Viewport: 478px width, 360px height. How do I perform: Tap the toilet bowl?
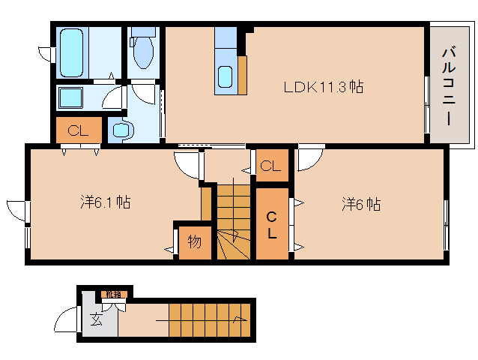142,52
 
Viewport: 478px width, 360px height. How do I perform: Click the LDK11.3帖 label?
323,87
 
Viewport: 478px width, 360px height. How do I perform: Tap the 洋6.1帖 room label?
106,202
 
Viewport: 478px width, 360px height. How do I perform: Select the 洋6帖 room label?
362,203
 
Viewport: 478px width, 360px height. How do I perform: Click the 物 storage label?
194,242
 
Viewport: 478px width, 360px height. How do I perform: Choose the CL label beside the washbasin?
79,130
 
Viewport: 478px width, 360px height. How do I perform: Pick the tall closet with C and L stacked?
273,224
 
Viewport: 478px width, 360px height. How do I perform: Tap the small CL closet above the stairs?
271,166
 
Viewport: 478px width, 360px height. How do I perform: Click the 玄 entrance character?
97,320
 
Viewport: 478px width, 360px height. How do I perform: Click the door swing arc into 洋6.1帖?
187,162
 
